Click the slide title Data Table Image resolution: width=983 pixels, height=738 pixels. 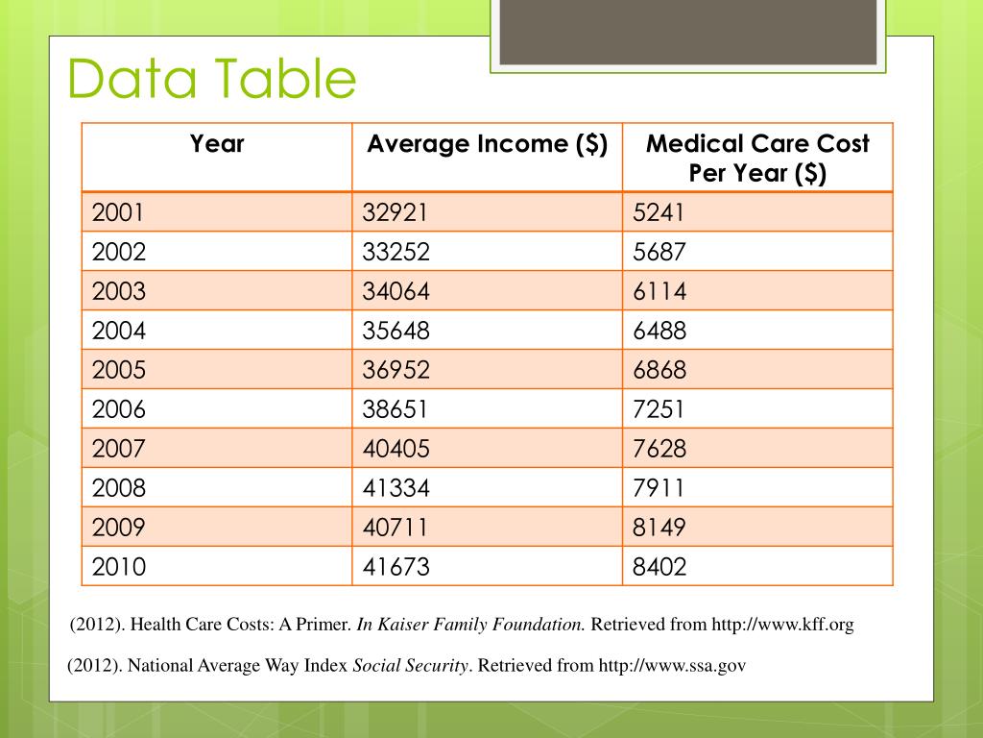[212, 79]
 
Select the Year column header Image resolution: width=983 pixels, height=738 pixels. [217, 144]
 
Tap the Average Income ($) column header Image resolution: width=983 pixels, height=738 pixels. [487, 144]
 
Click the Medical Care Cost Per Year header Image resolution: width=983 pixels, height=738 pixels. [757, 159]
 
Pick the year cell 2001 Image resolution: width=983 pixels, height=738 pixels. [118, 212]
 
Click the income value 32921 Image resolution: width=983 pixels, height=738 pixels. [396, 212]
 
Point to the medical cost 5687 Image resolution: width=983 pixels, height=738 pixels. [659, 252]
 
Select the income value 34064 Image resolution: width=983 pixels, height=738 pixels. [396, 291]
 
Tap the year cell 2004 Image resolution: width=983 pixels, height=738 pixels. [119, 331]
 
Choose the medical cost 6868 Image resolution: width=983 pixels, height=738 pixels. [659, 370]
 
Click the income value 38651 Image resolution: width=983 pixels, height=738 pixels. [396, 409]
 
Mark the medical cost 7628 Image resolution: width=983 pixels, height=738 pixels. [659, 449]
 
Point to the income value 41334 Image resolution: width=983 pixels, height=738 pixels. [396, 488]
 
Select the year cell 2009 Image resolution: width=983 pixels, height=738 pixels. [119, 528]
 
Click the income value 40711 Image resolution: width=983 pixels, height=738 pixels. [396, 528]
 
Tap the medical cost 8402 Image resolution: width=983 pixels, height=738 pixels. [659, 567]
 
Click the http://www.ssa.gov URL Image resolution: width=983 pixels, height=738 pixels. [672, 665]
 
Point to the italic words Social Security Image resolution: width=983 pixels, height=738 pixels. [411, 665]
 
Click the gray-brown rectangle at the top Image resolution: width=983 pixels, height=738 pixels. [687, 31]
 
